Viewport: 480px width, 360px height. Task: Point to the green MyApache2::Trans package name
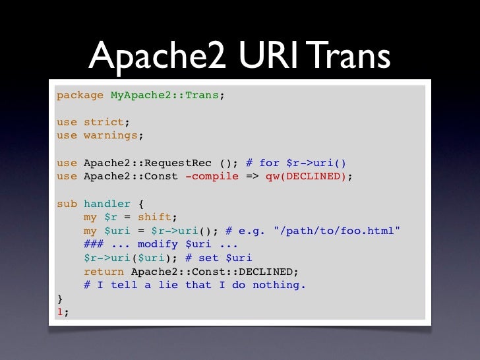pos(164,95)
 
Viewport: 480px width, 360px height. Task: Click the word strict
pos(104,122)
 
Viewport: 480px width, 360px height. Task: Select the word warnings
pos(110,136)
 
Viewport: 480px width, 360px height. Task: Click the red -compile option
pos(212,177)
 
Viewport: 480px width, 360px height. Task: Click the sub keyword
pos(67,204)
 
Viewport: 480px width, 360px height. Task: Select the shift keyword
pos(154,218)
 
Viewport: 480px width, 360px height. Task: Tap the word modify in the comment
pos(158,245)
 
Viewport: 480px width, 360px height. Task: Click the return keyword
pos(104,272)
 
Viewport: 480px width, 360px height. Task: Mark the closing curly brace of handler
pos(60,299)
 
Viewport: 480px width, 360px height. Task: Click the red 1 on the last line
pos(60,312)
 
